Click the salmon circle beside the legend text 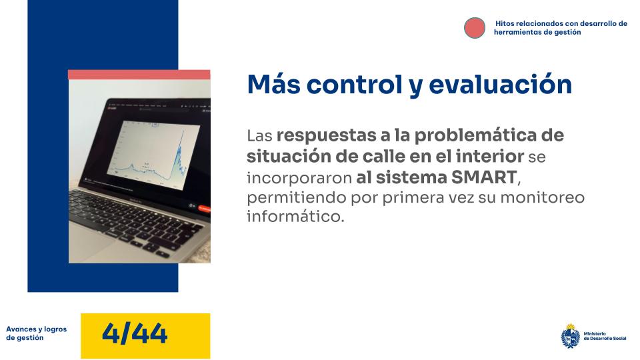tap(475, 27)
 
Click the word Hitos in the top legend tap(507, 23)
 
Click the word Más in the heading tap(270, 85)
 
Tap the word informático tap(295, 217)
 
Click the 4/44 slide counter tap(135, 333)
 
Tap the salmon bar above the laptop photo tap(139, 75)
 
